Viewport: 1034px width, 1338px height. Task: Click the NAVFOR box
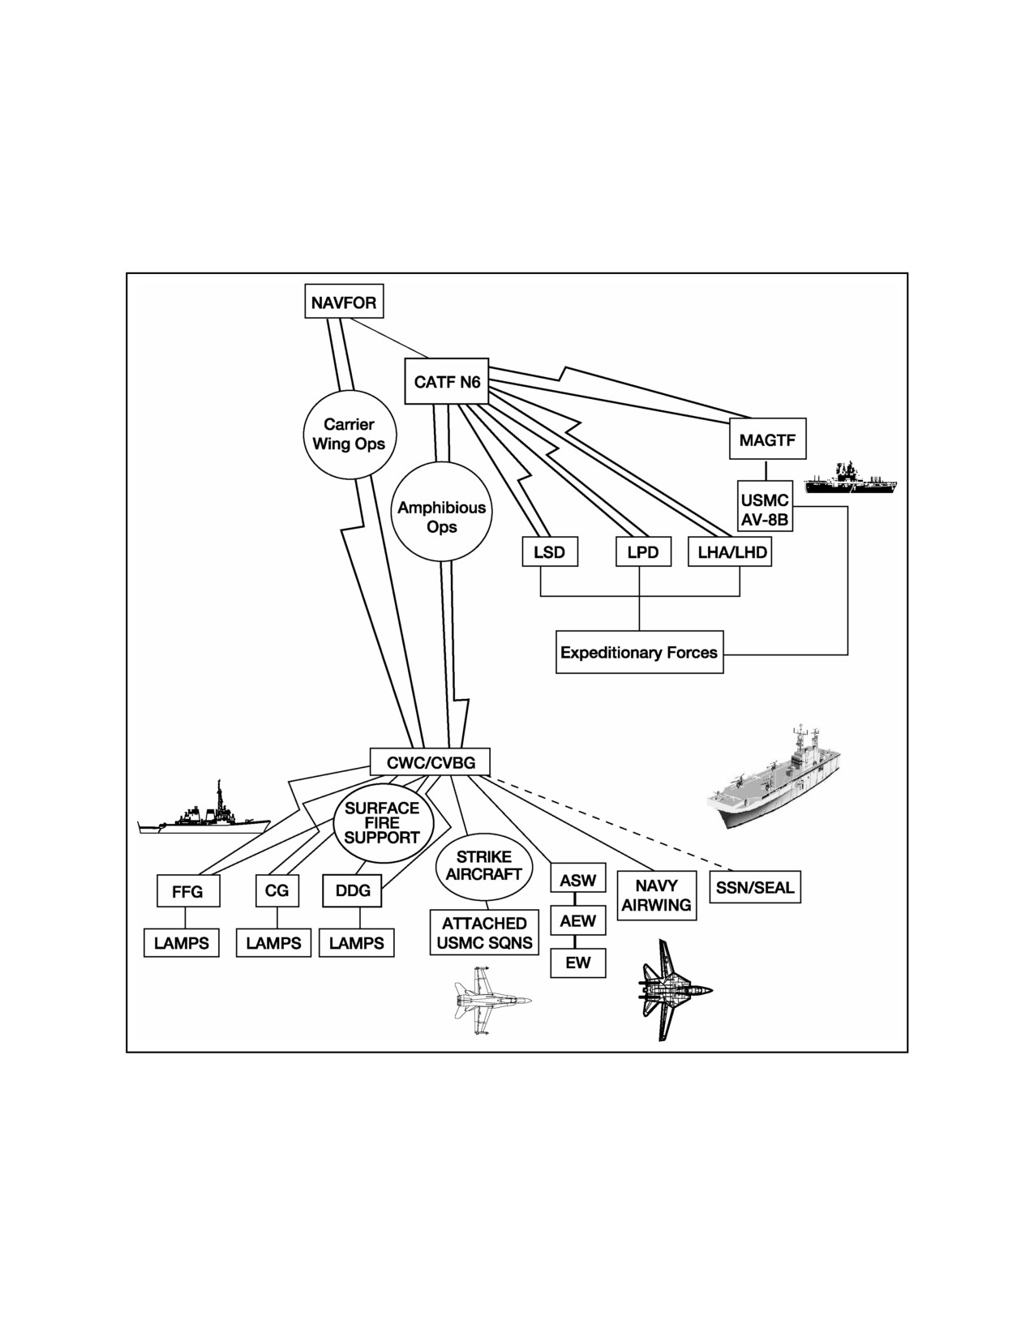[344, 301]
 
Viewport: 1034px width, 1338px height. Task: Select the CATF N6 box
[447, 381]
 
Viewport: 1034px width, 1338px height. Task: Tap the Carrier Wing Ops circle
[350, 434]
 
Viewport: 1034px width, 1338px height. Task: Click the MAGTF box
[767, 439]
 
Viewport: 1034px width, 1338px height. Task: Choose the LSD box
[550, 551]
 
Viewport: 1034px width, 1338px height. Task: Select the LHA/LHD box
[730, 551]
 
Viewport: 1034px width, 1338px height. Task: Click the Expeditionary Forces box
[639, 652]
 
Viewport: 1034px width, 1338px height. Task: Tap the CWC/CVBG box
[431, 762]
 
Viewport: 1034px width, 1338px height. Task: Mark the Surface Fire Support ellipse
[383, 822]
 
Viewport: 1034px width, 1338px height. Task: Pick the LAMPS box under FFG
[181, 943]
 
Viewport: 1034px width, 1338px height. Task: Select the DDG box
[352, 890]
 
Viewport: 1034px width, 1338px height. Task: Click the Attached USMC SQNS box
[484, 933]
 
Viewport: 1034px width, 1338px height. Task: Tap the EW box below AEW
[577, 963]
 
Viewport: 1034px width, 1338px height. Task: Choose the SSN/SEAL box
[755, 887]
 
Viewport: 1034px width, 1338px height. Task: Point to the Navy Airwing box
[656, 895]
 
